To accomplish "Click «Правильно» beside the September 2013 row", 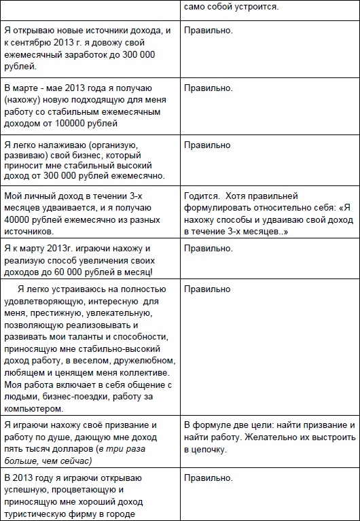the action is (208, 31).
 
